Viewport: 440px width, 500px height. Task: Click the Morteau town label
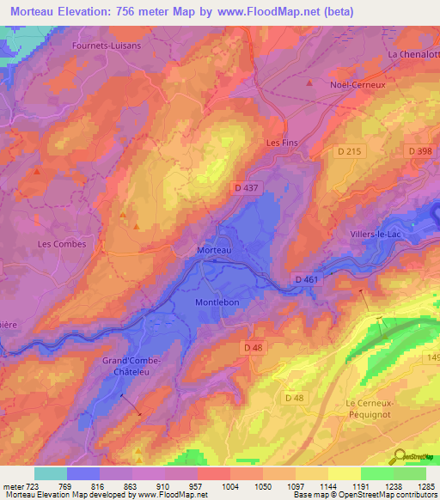coord(214,249)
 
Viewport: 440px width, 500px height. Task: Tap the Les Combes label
coord(62,244)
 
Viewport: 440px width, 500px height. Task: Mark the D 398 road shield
coord(420,151)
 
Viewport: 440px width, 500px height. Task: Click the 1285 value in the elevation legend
coord(426,486)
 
